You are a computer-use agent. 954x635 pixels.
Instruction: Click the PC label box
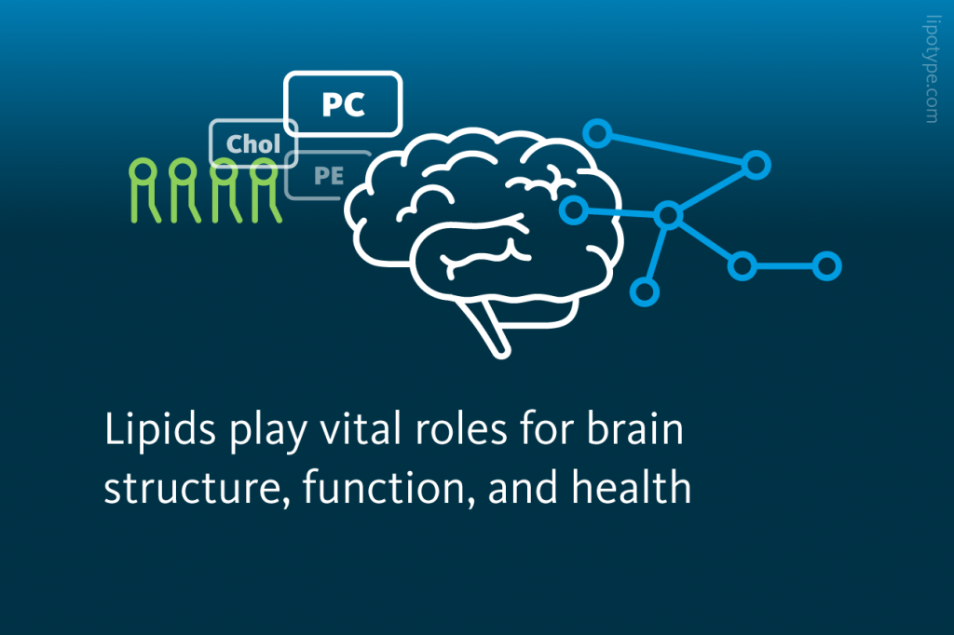pyautogui.click(x=343, y=104)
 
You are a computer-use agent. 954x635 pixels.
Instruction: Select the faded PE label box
pyautogui.click(x=328, y=175)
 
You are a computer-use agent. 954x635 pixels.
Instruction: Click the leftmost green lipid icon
pyautogui.click(x=142, y=190)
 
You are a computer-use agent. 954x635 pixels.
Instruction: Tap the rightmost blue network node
pyautogui.click(x=825, y=266)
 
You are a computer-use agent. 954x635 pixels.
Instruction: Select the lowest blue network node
pyautogui.click(x=644, y=291)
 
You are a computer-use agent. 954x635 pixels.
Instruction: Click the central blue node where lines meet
pyautogui.click(x=668, y=216)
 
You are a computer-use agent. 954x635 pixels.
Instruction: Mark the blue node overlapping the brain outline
pyautogui.click(x=574, y=208)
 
